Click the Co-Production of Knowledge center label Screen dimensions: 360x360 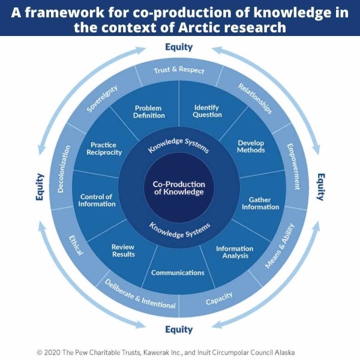click(179, 188)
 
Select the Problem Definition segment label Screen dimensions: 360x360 click(149, 112)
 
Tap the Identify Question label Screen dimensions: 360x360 click(207, 111)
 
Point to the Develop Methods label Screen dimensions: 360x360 click(251, 146)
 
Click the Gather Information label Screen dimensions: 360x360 click(260, 203)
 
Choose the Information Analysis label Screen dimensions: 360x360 click(235, 252)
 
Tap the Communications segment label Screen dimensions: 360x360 click(178, 272)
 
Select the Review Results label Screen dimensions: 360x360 click(123, 250)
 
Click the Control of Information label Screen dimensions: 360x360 click(97, 200)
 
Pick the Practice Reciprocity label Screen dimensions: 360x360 click(104, 149)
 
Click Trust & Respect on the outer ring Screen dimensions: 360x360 click(179, 70)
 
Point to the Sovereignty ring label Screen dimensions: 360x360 click(102, 99)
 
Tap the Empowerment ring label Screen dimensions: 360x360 click(293, 167)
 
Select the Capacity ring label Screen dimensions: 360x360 click(219, 298)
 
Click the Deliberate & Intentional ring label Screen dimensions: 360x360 click(140, 294)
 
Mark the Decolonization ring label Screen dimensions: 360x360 click(64, 169)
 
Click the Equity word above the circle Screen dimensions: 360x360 click(179, 47)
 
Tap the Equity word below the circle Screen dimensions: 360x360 click(179, 329)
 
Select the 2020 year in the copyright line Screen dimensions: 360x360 click(52, 352)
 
